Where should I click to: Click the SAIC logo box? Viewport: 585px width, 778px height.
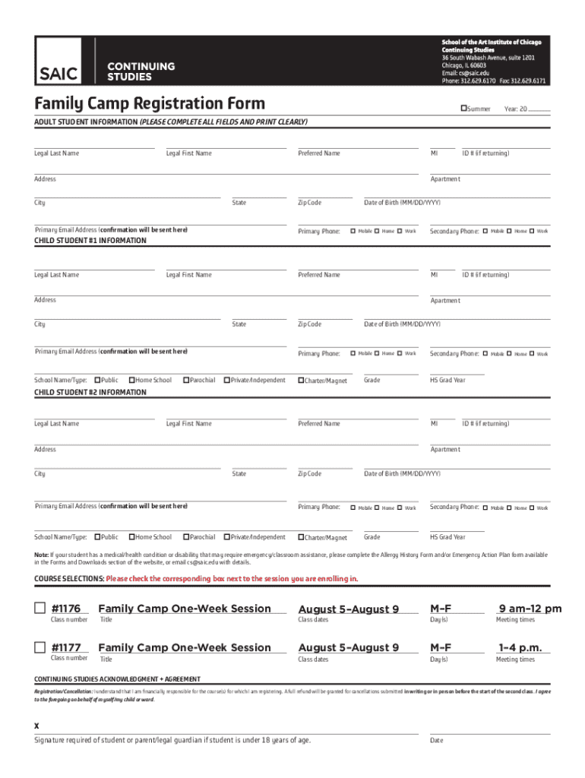pos(58,71)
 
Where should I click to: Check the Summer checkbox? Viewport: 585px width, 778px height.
pos(463,109)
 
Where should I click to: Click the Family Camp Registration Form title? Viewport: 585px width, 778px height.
pos(150,103)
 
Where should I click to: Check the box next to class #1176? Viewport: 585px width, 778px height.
pos(40,608)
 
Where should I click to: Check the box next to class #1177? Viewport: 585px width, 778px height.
pos(40,647)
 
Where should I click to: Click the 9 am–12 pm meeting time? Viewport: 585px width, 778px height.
pos(530,609)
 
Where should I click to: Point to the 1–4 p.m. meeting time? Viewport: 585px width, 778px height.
pos(520,647)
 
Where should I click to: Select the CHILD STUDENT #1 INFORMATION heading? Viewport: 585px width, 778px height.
pos(90,241)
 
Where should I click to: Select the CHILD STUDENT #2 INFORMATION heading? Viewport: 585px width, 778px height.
pos(90,392)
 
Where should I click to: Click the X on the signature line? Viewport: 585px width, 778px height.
pos(36,725)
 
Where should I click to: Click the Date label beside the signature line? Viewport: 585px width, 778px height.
pos(437,740)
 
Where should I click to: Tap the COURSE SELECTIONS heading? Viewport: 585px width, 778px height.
pos(69,579)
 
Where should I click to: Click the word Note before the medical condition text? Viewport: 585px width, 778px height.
pos(41,554)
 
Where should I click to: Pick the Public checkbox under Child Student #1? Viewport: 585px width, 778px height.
pos(97,380)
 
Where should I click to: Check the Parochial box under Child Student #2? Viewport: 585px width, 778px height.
pos(185,536)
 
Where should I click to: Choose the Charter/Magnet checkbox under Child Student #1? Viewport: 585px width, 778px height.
pos(301,380)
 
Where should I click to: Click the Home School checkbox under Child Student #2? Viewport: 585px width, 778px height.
pos(131,536)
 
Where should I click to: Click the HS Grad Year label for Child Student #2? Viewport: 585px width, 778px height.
pos(447,536)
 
